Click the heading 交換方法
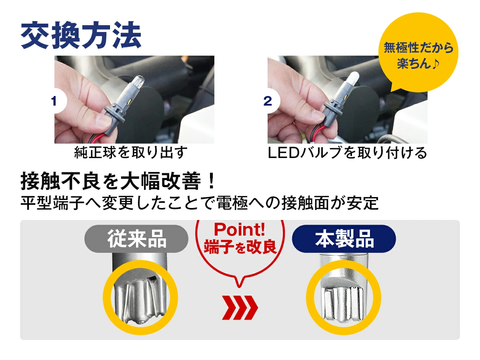pyautogui.click(x=81, y=35)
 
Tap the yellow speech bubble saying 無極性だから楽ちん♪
pyautogui.click(x=418, y=52)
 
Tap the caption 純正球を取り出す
pyautogui.click(x=131, y=152)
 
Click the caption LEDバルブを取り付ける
pyautogui.click(x=348, y=152)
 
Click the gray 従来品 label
pyautogui.click(x=136, y=238)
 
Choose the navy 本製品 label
pyautogui.click(x=344, y=238)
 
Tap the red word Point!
pyautogui.click(x=240, y=229)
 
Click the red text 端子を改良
pyautogui.click(x=240, y=247)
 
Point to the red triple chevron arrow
pyautogui.click(x=240, y=308)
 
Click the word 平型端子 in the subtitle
pyautogui.click(x=52, y=203)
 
